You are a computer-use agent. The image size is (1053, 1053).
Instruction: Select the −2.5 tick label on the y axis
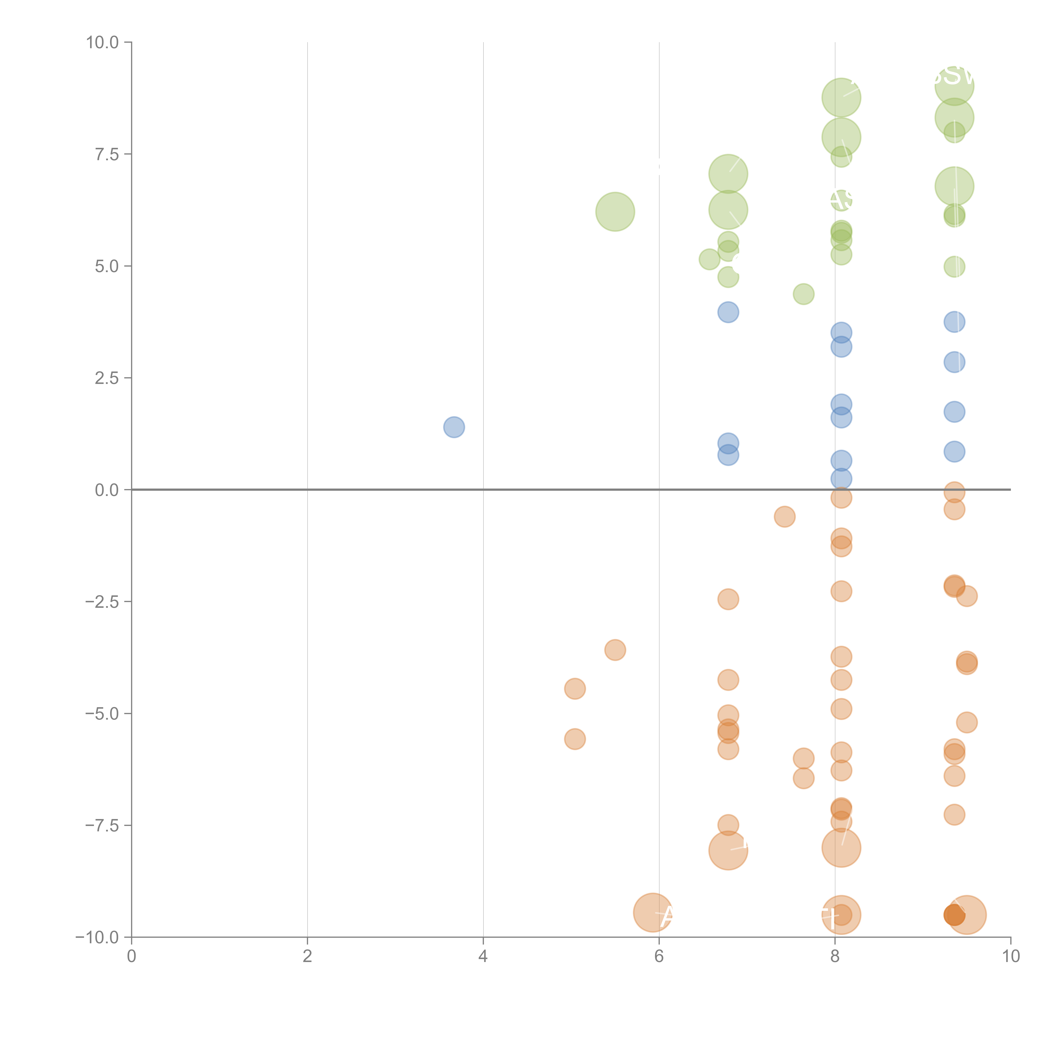(x=102, y=602)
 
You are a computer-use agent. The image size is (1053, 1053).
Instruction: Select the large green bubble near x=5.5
(x=615, y=211)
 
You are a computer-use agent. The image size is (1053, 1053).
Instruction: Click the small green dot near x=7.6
(x=803, y=294)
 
